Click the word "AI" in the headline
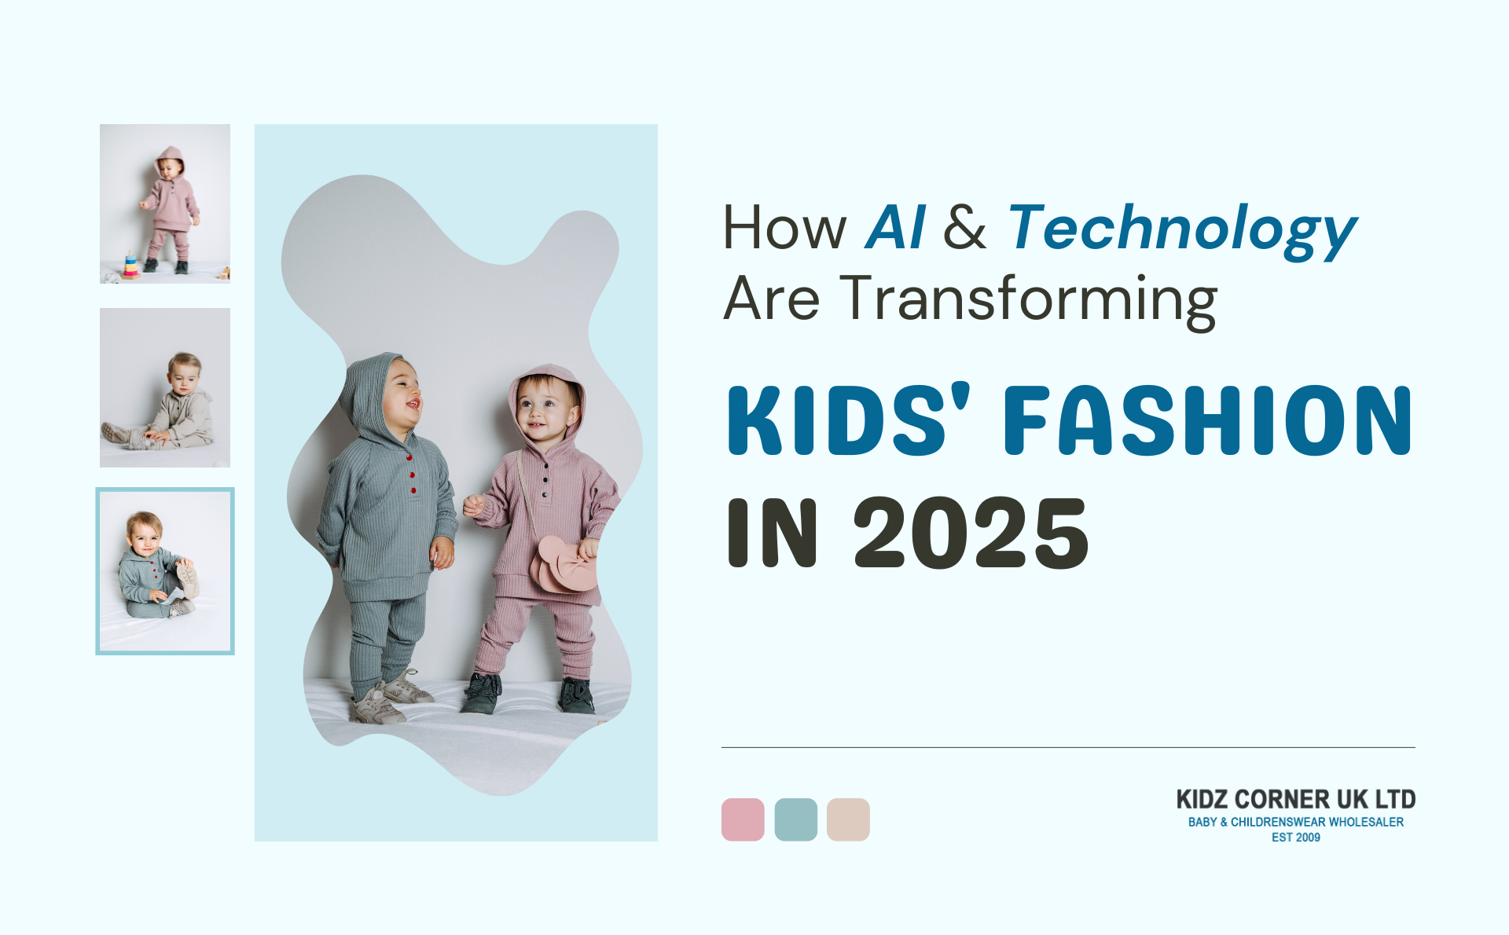[895, 228]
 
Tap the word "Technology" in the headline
[1182, 231]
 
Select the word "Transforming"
[1029, 300]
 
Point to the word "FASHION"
[1208, 420]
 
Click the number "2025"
[971, 533]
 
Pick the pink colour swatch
[743, 819]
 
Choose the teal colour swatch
[795, 819]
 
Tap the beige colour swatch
[848, 819]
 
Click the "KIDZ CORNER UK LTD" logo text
[1296, 799]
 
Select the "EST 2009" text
[1296, 838]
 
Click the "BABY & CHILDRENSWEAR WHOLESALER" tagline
[1296, 822]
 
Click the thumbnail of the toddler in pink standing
[165, 203]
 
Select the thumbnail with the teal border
[165, 571]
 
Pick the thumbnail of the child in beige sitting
[165, 387]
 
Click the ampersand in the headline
[965, 228]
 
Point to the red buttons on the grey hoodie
[411, 475]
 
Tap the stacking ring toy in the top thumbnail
[130, 266]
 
